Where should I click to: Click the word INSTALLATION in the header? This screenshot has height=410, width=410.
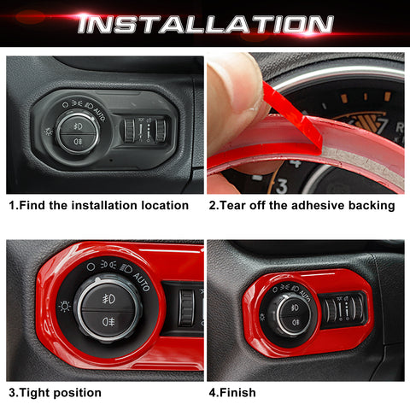[204, 23]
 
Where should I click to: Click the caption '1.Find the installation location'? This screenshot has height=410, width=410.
[98, 205]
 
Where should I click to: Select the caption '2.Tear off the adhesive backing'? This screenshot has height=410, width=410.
[301, 205]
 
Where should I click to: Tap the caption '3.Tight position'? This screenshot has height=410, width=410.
[55, 392]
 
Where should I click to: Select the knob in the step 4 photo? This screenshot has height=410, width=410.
[288, 312]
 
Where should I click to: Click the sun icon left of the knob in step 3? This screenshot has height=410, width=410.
[63, 305]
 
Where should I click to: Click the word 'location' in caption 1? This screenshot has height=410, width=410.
[162, 205]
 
